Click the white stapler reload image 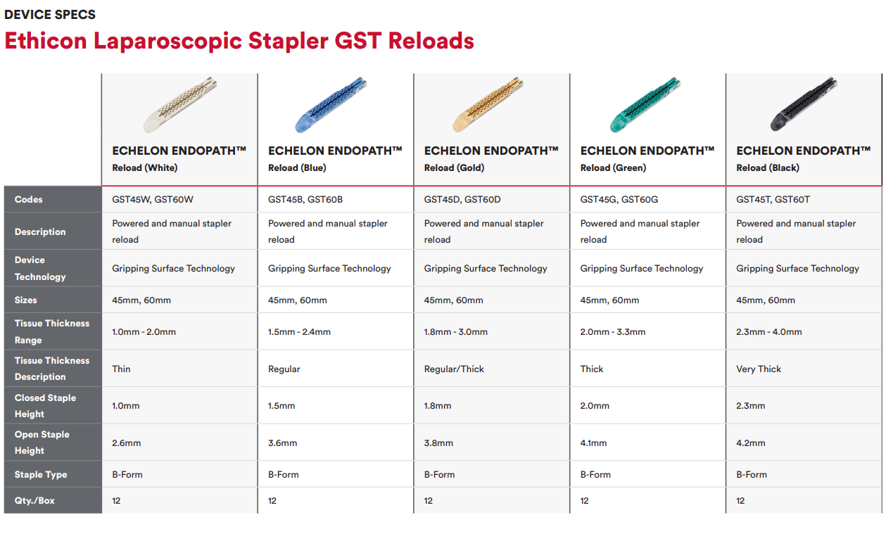180,105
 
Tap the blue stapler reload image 331,105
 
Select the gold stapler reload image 488,105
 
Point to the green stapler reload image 645,105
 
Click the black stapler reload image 804,104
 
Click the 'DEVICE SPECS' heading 50,15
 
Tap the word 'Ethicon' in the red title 46,41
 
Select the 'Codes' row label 28,199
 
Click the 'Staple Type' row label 41,475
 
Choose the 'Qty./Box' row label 34,501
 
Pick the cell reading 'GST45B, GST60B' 305,199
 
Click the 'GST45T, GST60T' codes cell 773,199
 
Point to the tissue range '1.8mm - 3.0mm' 455,332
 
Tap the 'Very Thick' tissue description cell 759,369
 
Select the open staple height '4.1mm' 593,443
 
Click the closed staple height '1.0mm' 126,406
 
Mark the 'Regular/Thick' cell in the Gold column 454,369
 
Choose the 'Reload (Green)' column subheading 613,167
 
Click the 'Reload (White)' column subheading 145,167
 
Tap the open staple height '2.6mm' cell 126,443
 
